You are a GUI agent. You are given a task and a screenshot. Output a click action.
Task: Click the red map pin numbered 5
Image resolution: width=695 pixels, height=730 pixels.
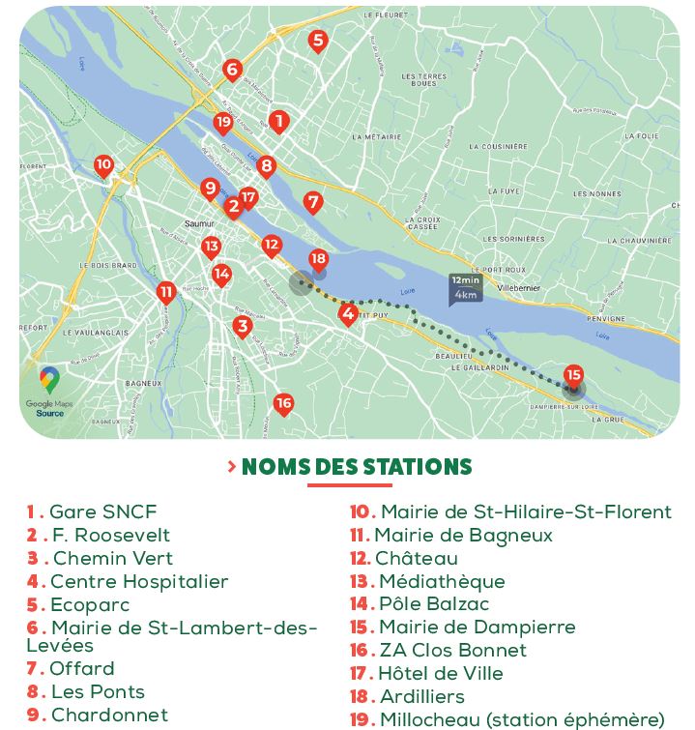317,41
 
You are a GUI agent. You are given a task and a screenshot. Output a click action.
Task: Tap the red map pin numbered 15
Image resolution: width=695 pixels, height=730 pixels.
573,375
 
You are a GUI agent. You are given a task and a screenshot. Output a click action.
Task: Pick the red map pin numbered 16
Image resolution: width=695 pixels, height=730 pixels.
283,403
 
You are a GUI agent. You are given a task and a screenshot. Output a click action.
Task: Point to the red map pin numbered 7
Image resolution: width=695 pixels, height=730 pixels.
312,202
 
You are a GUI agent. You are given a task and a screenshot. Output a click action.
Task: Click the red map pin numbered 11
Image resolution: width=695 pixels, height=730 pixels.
166,291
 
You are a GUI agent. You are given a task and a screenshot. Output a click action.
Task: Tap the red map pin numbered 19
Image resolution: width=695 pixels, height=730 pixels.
223,123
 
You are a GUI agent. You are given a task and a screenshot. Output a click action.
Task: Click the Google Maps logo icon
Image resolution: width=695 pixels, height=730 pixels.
49,379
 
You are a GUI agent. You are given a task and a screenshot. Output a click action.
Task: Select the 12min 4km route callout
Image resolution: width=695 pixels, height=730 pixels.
465,288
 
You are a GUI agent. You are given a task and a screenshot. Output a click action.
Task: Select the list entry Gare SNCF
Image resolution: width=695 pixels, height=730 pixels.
102,512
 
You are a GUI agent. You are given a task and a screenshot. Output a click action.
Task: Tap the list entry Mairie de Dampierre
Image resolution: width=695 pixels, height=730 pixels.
477,628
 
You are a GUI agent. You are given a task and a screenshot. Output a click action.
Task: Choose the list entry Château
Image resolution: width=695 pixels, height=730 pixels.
416,559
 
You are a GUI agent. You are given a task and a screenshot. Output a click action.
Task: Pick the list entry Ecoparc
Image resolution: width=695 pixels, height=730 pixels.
90,605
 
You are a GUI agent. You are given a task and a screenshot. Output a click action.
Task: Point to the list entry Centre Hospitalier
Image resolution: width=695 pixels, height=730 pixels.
138,582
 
